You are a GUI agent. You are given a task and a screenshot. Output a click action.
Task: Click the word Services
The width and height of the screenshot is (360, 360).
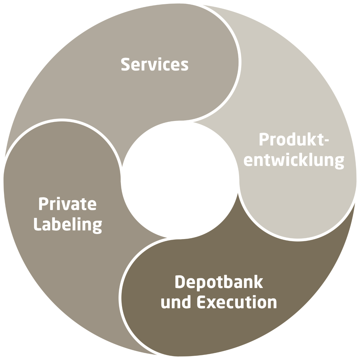(x=155, y=64)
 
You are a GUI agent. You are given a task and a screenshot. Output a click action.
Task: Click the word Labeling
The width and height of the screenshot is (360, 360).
(x=68, y=226)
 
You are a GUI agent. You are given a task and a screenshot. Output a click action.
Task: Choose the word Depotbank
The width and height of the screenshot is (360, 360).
(x=219, y=282)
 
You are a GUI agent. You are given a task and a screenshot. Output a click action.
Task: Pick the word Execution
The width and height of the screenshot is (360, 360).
(x=237, y=302)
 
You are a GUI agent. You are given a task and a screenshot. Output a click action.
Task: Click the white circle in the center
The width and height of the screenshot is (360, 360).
(x=180, y=180)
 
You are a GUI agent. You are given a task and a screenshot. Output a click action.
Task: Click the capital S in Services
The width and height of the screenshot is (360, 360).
(x=125, y=64)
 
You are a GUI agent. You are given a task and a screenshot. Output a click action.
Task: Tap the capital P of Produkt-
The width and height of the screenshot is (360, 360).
(x=264, y=139)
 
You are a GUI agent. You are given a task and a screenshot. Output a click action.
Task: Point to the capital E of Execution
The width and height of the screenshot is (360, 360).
(x=202, y=302)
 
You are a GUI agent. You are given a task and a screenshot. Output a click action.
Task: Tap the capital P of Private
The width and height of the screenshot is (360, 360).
(x=44, y=204)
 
